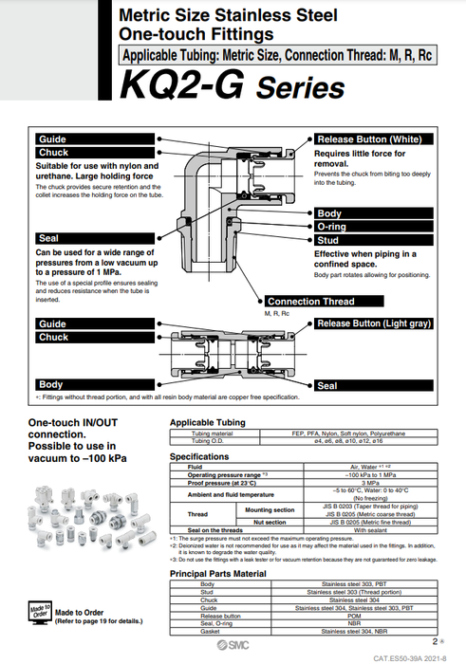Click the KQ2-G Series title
pyautogui.click(x=233, y=88)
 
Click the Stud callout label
pyautogui.click(x=328, y=241)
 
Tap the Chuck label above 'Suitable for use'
pyautogui.click(x=53, y=153)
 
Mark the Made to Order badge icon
pyautogui.click(x=40, y=612)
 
